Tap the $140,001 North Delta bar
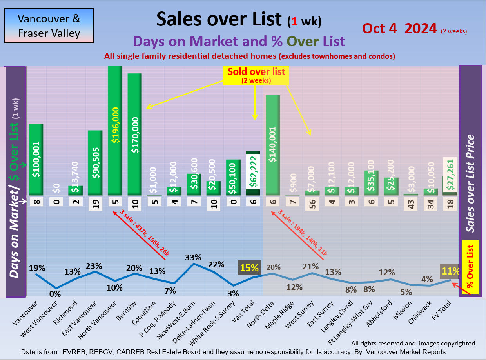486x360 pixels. tap(273, 145)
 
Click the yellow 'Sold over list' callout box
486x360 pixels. tap(256, 75)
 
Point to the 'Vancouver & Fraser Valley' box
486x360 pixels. tap(49, 25)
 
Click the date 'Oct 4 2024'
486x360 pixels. tap(399, 28)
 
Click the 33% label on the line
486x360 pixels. tap(193, 257)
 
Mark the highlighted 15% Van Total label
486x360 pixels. tap(249, 268)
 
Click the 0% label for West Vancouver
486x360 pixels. tap(55, 294)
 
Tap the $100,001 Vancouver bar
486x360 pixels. tap(36, 160)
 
